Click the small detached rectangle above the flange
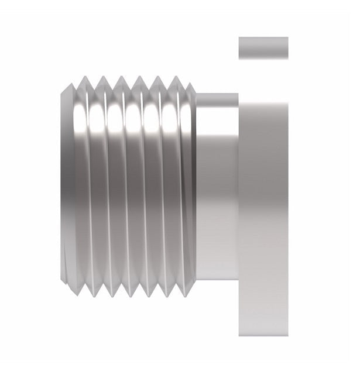[x=263, y=48]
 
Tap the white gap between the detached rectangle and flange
[x=263, y=76]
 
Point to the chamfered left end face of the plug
[x=67, y=187]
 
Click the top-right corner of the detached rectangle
[x=287, y=38]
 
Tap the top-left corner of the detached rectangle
[x=239, y=38]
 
